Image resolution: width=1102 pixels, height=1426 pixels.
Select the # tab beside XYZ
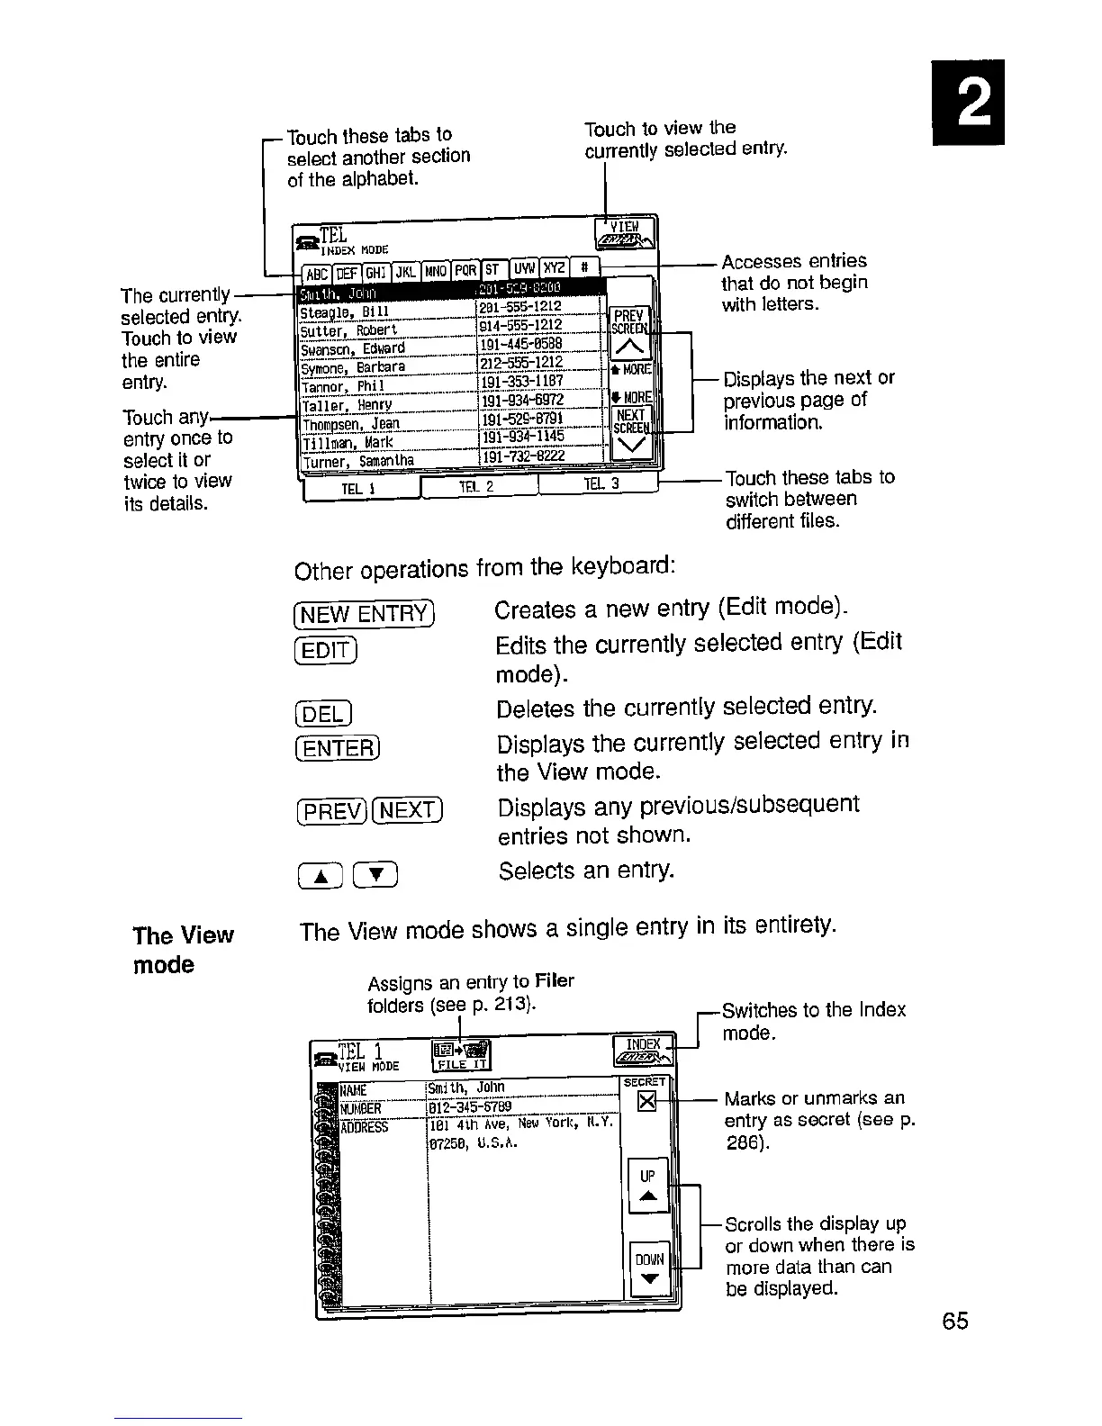coord(585,270)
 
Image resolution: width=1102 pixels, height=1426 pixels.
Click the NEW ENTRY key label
coord(364,614)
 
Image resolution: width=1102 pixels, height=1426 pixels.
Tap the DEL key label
coord(322,715)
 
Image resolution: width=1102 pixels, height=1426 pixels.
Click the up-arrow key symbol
coord(320,874)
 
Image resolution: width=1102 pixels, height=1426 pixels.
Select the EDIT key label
coord(326,648)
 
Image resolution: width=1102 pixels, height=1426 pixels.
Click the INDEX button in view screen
coord(644,1051)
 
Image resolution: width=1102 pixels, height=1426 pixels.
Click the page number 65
coord(955,1321)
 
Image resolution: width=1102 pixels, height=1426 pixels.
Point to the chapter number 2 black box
coord(968,102)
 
